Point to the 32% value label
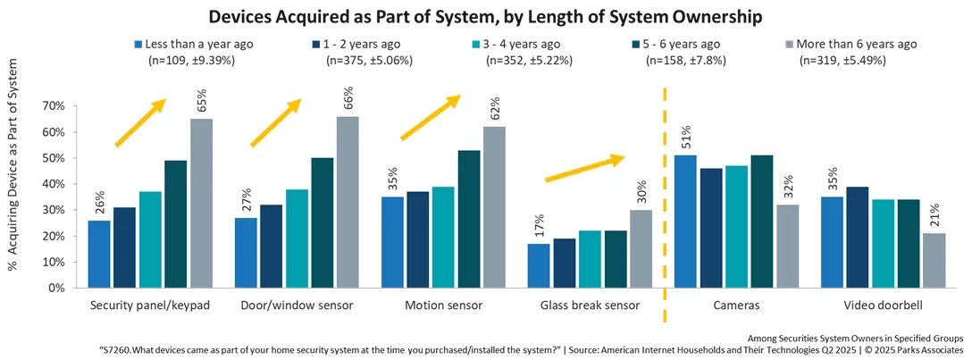point(788,188)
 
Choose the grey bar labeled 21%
point(934,260)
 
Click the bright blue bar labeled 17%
point(539,265)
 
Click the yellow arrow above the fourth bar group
point(585,168)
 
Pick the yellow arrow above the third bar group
point(432,116)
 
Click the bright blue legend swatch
point(136,43)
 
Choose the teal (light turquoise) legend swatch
point(476,43)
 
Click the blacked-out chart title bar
point(486,17)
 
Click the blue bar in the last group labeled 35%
point(832,242)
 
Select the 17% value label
point(539,226)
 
